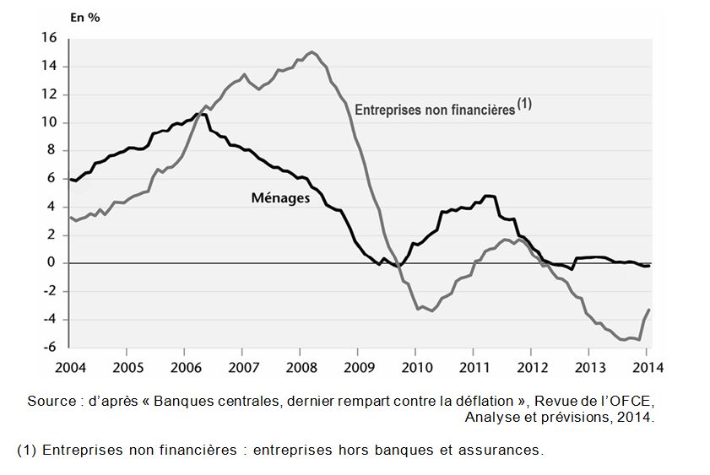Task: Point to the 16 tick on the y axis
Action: coord(48,38)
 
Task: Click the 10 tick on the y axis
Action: coord(48,122)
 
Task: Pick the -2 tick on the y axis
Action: coord(49,291)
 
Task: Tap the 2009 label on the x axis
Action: coord(358,368)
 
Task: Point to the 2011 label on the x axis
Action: coord(474,368)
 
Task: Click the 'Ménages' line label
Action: coord(281,198)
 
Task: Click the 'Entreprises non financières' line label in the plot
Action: coord(435,110)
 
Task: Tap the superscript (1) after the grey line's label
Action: coord(523,105)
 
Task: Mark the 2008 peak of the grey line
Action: coord(312,52)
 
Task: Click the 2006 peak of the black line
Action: coord(200,114)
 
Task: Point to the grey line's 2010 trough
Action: coord(431,310)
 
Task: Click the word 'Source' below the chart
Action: coord(51,401)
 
